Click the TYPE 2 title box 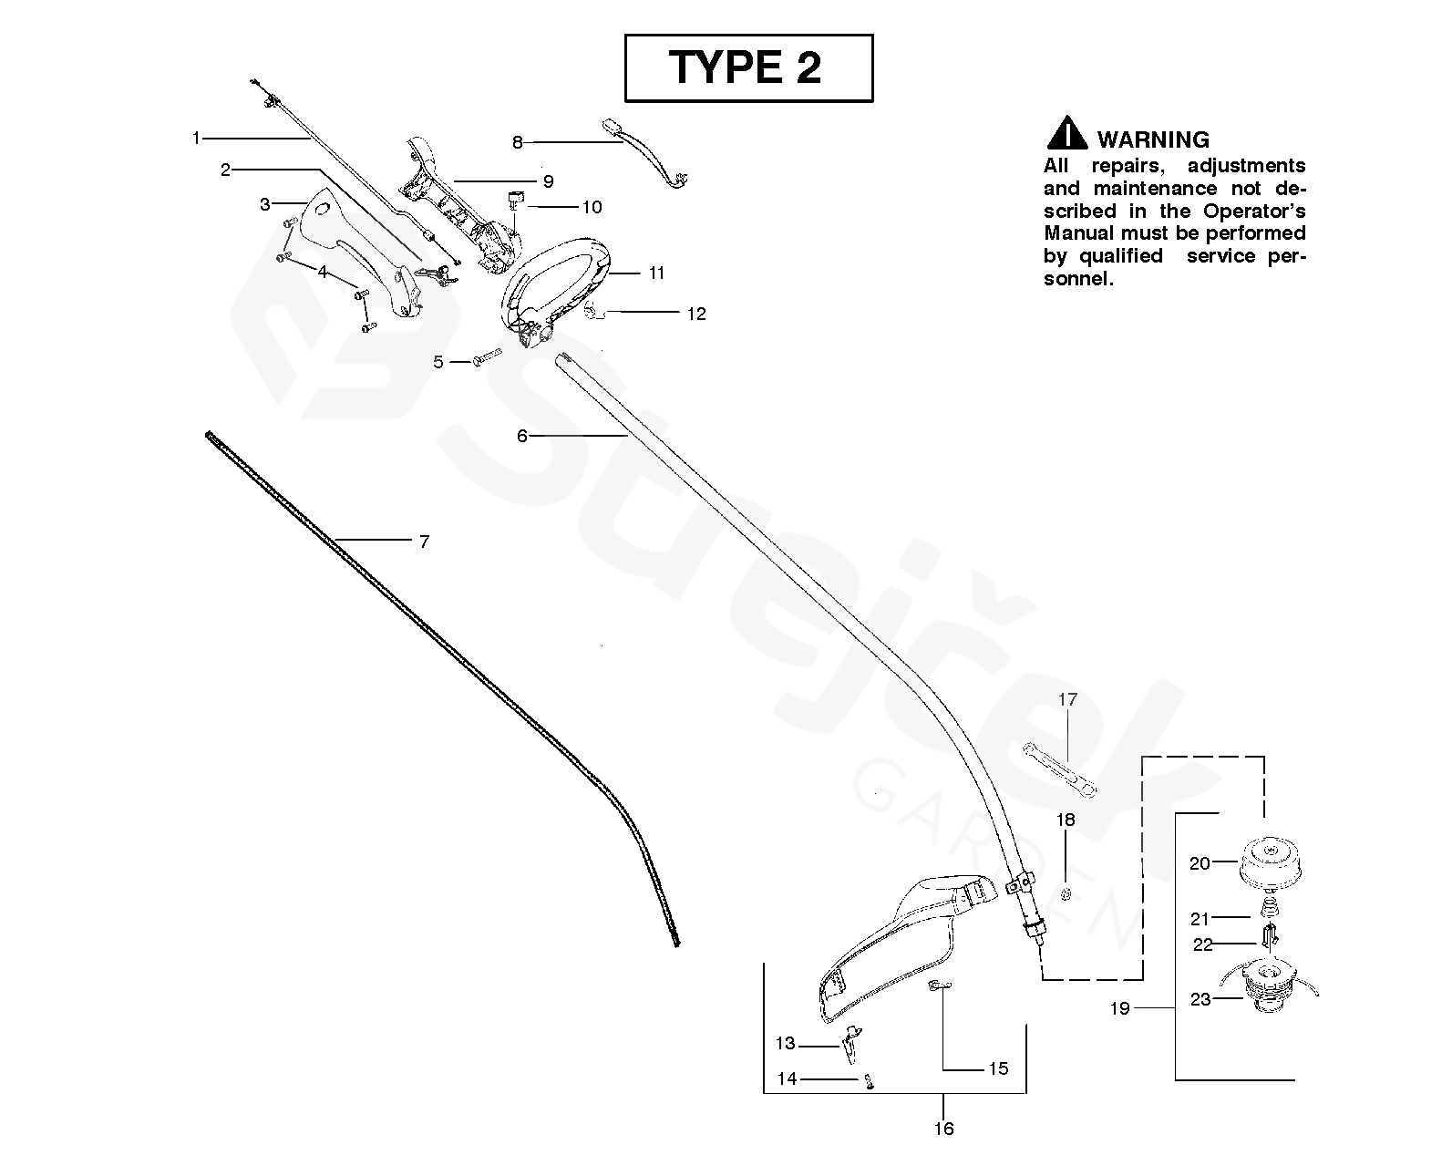pyautogui.click(x=747, y=67)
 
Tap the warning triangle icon pyautogui.click(x=1066, y=134)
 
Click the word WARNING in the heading pyautogui.click(x=1153, y=139)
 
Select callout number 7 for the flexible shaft pyautogui.click(x=424, y=542)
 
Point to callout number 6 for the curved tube pyautogui.click(x=522, y=437)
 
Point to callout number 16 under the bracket pyautogui.click(x=944, y=1129)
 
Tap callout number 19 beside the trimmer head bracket pyautogui.click(x=1119, y=1008)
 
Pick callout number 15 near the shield pyautogui.click(x=998, y=1068)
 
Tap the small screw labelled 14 pyautogui.click(x=868, y=1081)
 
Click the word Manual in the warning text pyautogui.click(x=1076, y=233)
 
